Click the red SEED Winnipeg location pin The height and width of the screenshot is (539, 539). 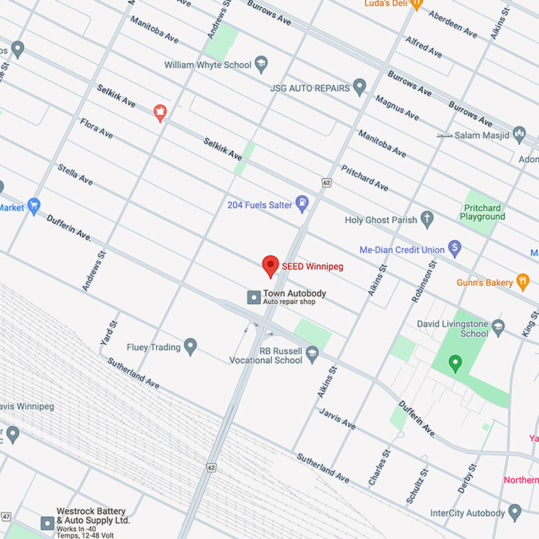(x=270, y=266)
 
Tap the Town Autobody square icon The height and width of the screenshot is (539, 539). (x=254, y=298)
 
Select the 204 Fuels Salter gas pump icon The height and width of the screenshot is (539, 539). (x=302, y=204)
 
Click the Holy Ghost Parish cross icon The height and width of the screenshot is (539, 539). (x=427, y=219)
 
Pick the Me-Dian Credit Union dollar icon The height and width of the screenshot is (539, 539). (x=454, y=249)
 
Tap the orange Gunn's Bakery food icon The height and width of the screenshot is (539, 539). (x=522, y=282)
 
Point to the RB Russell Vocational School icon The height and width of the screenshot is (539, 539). (x=312, y=353)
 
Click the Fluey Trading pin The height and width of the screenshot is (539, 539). (x=190, y=346)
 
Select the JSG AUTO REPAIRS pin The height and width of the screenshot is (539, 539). (x=359, y=86)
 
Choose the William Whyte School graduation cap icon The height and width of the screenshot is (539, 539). (x=261, y=64)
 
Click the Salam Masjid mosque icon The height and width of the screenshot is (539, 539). (x=519, y=134)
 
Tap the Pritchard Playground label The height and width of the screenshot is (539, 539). (x=482, y=212)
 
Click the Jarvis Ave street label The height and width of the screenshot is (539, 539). (x=338, y=418)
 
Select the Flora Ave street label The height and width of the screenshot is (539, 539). (x=97, y=128)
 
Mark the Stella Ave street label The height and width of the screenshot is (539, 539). (x=75, y=174)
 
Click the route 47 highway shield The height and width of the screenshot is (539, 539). (x=6, y=516)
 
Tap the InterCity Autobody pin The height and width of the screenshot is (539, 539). (x=515, y=512)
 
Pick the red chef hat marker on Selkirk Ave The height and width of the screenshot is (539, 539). (x=160, y=112)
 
